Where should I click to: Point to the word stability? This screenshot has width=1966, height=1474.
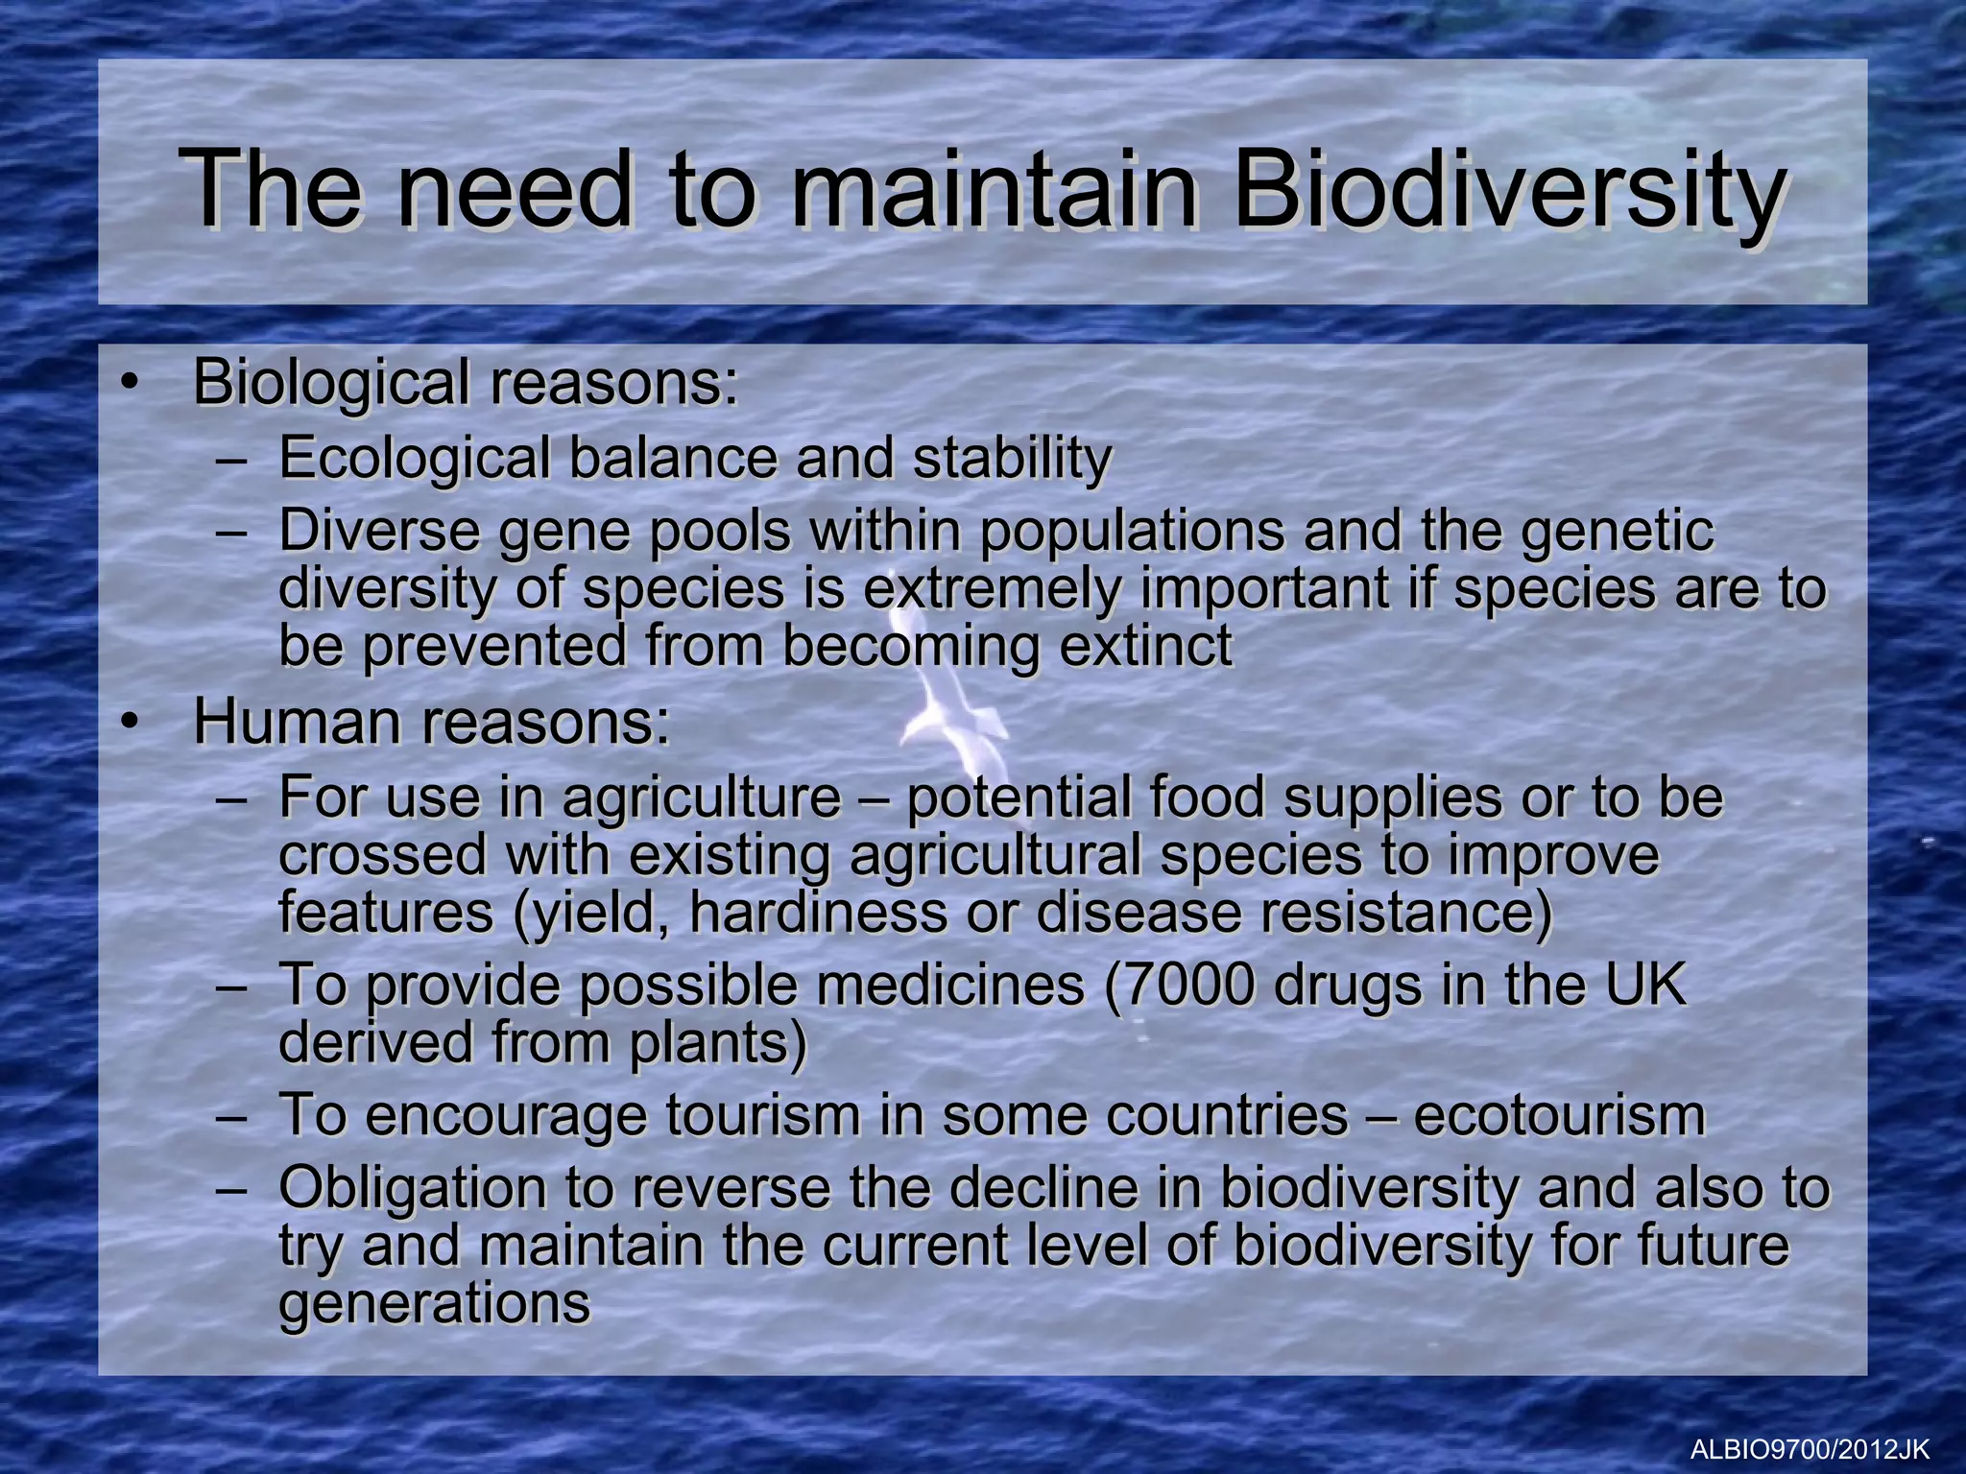pyautogui.click(x=1012, y=458)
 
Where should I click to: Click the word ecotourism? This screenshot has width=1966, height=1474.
pyautogui.click(x=1559, y=1115)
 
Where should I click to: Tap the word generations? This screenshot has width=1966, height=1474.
pyautogui.click(x=434, y=1303)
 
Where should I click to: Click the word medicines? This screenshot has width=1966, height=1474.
pyautogui.click(x=950, y=985)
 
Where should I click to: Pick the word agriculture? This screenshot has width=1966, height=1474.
pyautogui.click(x=701, y=798)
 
